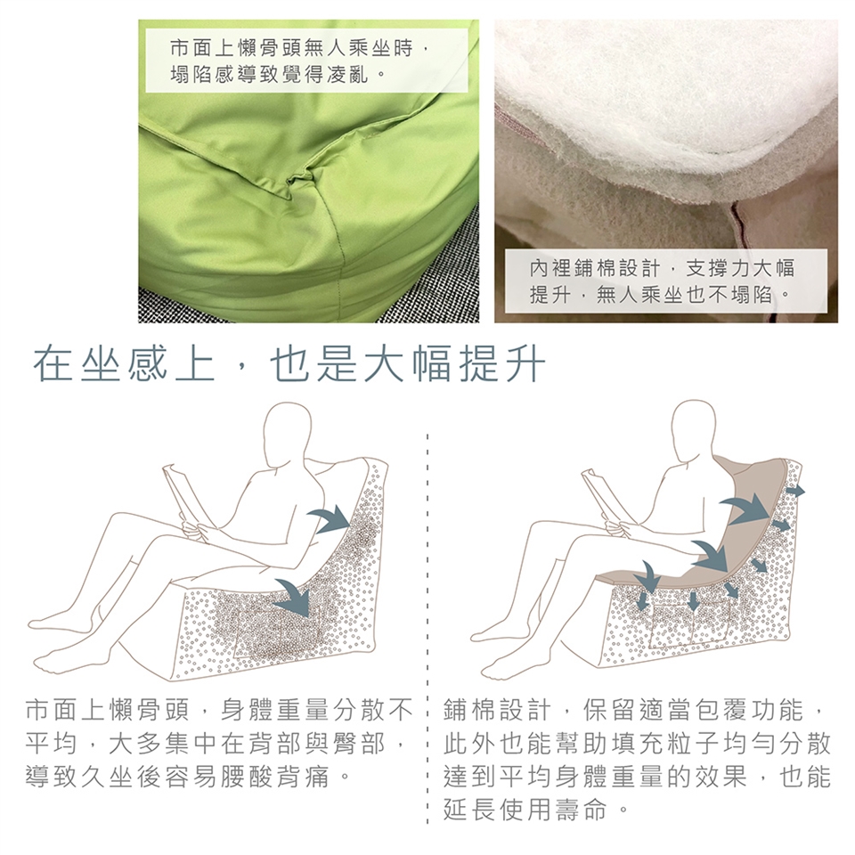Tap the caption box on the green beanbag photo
pos(307,61)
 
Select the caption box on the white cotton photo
pos(665,281)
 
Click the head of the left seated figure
pos(288,428)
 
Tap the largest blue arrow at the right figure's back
pos(746,509)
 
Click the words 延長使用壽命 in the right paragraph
pos(525,810)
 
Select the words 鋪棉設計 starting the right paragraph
pos(499,710)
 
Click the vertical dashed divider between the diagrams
pos(427,627)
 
